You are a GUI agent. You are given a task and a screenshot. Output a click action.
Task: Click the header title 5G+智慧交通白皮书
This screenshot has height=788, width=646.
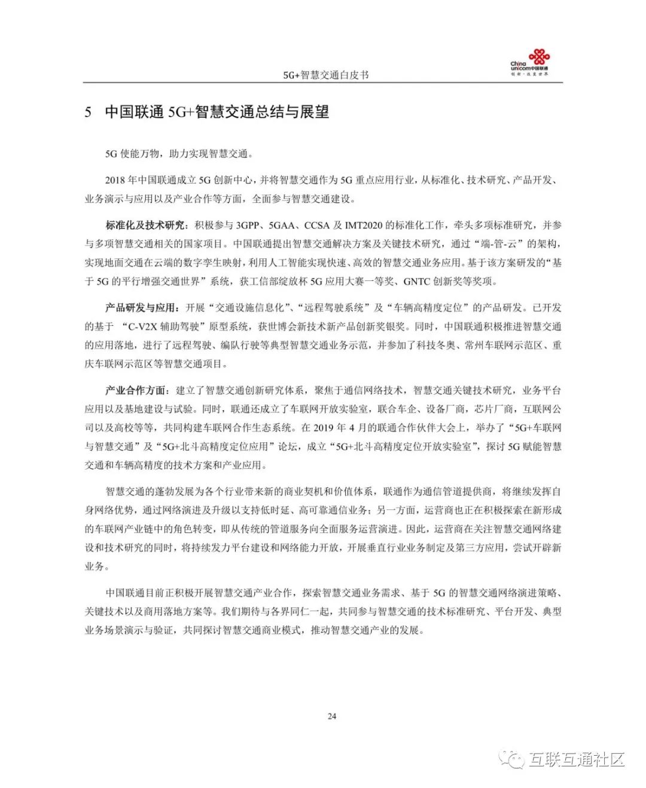pos(326,75)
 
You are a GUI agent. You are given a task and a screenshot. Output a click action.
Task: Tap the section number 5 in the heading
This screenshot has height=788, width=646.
pos(88,112)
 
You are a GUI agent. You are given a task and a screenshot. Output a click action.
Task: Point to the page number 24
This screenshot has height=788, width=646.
pos(332,716)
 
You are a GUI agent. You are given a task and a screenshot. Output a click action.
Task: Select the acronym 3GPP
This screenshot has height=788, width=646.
pos(248,225)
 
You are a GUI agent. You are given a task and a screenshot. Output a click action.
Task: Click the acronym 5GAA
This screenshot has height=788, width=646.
pos(283,225)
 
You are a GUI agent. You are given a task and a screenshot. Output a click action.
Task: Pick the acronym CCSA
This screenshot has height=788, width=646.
pos(316,225)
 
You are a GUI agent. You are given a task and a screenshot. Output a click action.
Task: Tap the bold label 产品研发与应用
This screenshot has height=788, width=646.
pos(141,308)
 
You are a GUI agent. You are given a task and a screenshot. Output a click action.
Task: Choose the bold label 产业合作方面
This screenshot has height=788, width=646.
pos(135,390)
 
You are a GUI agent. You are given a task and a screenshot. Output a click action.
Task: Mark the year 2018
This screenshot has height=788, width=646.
pos(115,180)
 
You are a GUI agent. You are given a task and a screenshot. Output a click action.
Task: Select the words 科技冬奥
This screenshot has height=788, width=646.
pos(435,345)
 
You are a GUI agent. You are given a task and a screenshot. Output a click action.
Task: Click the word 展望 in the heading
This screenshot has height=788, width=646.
pos(314,112)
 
